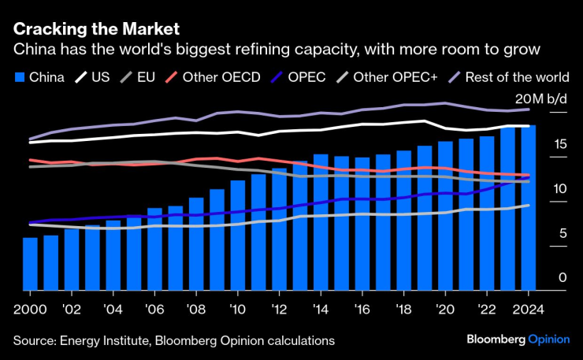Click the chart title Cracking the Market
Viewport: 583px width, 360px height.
[x=96, y=28]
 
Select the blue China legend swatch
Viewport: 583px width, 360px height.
[x=20, y=76]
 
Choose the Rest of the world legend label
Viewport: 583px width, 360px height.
[x=517, y=76]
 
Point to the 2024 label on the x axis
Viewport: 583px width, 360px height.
[x=524, y=309]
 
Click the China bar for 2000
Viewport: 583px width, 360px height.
[x=30, y=263]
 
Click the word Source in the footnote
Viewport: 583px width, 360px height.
[x=35, y=340]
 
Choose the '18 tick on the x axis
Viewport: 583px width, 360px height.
[x=403, y=309]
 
